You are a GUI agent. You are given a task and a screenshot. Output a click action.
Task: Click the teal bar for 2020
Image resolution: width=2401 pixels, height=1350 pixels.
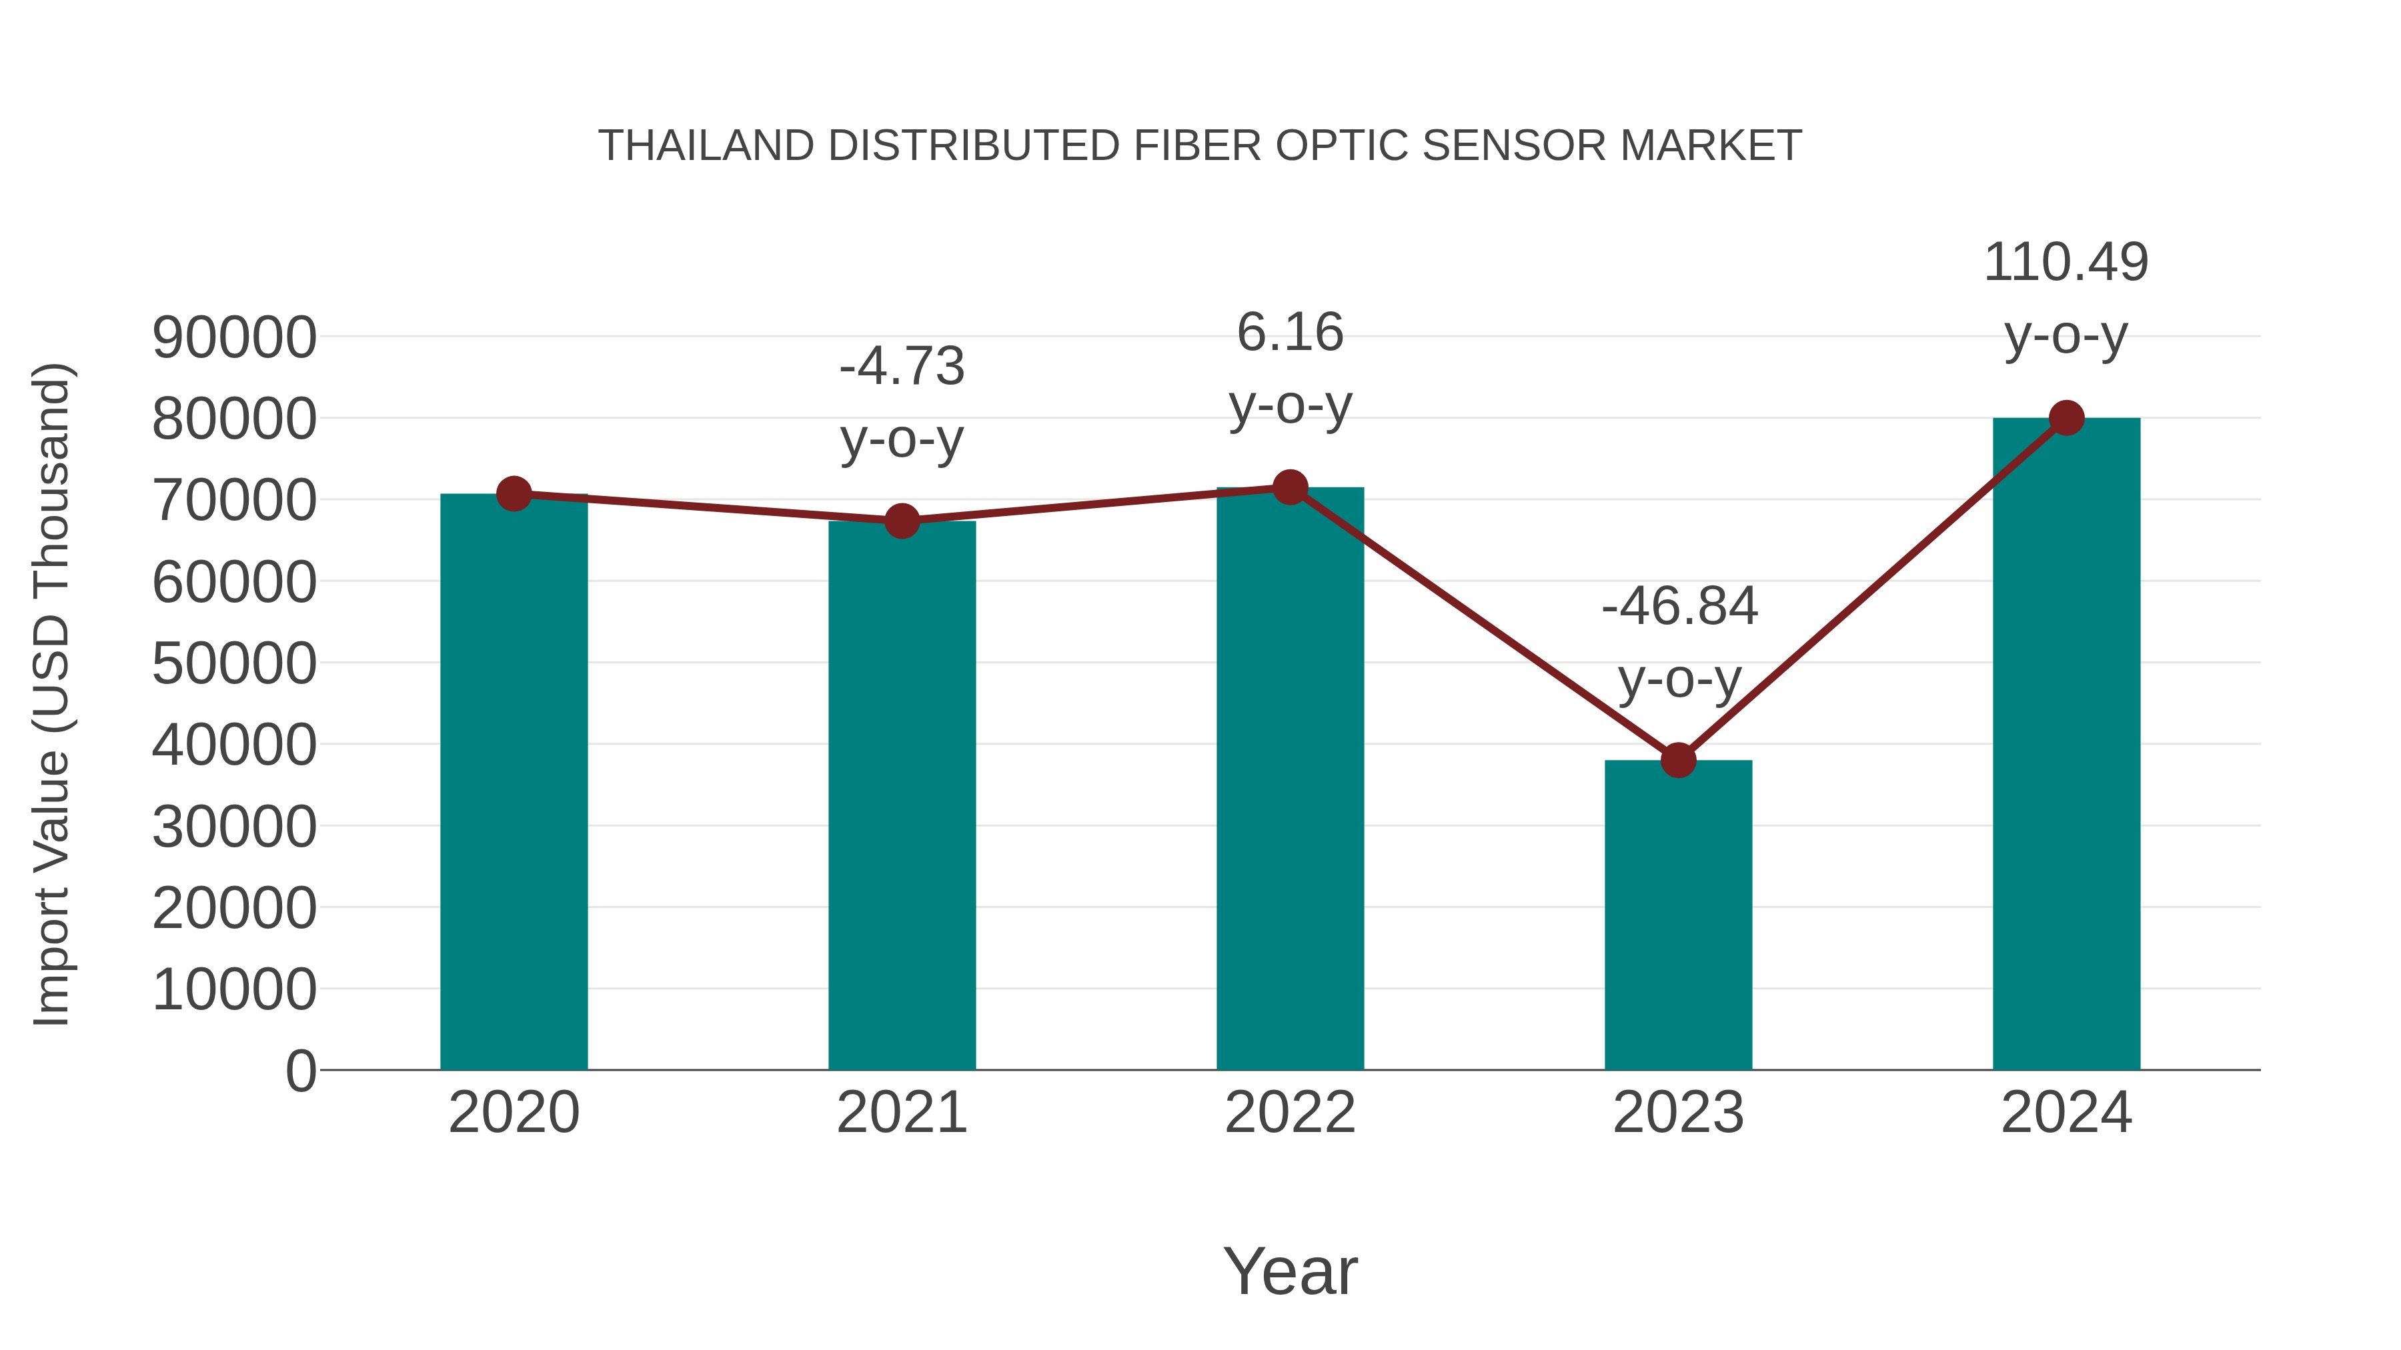(514, 783)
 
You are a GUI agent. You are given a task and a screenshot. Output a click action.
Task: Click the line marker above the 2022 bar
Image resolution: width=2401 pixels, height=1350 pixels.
(1290, 487)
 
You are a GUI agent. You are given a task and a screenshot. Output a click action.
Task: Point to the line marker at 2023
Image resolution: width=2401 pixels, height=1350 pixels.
(1678, 760)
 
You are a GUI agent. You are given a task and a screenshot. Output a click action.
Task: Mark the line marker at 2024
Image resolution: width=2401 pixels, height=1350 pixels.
(2066, 418)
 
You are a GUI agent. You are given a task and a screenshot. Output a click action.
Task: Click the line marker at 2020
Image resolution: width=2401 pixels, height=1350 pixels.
(514, 494)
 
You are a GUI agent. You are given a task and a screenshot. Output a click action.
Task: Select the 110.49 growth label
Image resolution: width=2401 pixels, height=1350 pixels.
(2066, 262)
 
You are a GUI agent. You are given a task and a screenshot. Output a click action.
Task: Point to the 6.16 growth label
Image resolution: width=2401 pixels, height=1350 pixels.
(1290, 333)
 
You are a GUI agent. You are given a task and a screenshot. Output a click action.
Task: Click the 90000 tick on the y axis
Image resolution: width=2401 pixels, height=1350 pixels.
(234, 337)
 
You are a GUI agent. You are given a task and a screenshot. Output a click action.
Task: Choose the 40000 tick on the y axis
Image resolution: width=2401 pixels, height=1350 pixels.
(234, 745)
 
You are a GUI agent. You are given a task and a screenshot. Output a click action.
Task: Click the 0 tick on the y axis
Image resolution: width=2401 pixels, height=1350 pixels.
(300, 1071)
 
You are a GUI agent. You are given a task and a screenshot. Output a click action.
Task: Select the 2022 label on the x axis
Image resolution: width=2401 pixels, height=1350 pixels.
(1290, 1113)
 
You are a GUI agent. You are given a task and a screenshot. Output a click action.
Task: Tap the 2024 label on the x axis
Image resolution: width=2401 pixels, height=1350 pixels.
(2066, 1113)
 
